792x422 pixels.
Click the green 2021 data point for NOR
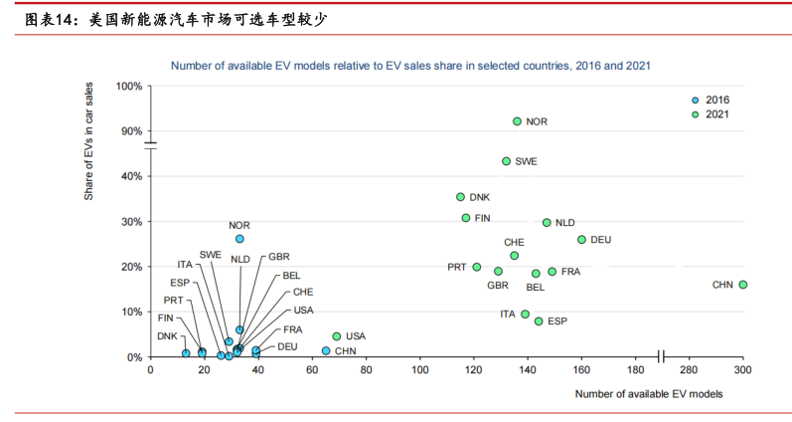pyautogui.click(x=517, y=121)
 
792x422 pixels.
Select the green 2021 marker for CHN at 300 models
pyautogui.click(x=742, y=285)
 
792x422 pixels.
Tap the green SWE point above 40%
pyautogui.click(x=506, y=160)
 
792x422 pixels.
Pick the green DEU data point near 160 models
pyautogui.click(x=581, y=240)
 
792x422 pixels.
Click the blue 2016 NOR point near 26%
pyautogui.click(x=239, y=239)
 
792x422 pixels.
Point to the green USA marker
pyautogui.click(x=336, y=336)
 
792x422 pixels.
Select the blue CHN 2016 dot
pyautogui.click(x=326, y=350)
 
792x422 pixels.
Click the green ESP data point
pyautogui.click(x=539, y=321)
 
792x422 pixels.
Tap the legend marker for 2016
pyautogui.click(x=696, y=101)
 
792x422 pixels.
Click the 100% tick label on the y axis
pyautogui.click(x=129, y=86)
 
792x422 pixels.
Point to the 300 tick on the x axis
pyautogui.click(x=742, y=370)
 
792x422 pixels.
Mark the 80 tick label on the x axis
pyautogui.click(x=366, y=370)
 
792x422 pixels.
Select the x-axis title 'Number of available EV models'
pyautogui.click(x=648, y=394)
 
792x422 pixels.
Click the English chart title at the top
pyautogui.click(x=410, y=65)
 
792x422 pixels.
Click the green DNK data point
pyautogui.click(x=460, y=197)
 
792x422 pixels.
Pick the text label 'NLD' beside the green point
pyautogui.click(x=564, y=223)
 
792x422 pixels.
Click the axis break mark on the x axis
pyautogui.click(x=661, y=356)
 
